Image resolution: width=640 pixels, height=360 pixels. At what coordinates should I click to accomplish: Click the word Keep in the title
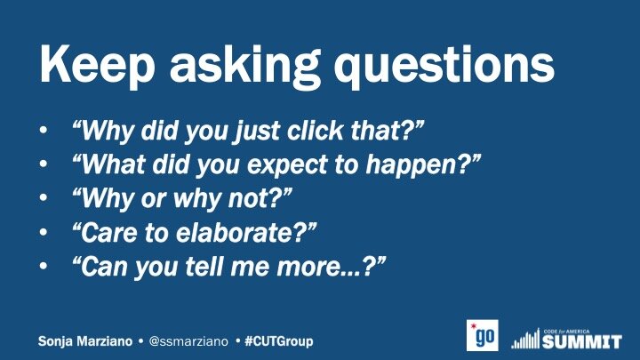pos(97,65)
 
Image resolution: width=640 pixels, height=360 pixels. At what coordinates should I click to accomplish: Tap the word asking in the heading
pos(244,65)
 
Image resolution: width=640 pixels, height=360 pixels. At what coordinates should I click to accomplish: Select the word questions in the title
pos(444,65)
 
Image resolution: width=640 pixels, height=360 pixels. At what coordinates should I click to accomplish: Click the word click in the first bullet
pos(315,131)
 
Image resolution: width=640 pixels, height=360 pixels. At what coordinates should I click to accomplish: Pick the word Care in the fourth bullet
pos(108,233)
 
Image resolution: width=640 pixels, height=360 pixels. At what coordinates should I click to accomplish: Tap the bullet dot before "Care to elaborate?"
pos(44,232)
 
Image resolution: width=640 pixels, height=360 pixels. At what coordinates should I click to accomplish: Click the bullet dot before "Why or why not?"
pos(44,198)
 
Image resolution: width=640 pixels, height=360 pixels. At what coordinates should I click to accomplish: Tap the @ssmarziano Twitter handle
pos(188,341)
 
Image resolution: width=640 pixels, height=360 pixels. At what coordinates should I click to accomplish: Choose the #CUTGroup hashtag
pos(279,341)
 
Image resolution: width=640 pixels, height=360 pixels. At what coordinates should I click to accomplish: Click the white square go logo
pos(483,335)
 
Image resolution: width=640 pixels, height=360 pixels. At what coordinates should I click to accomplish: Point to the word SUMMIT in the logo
pos(582,341)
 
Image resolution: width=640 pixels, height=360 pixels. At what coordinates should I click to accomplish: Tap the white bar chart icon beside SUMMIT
pos(525,339)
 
